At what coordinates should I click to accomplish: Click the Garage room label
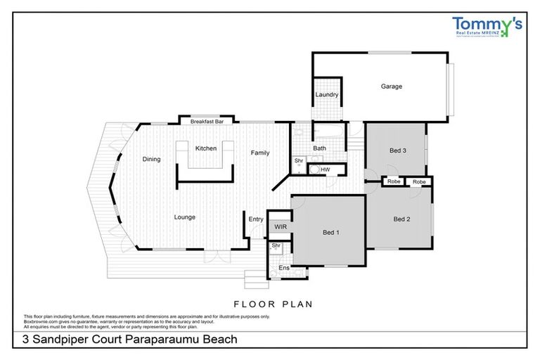tap(392, 86)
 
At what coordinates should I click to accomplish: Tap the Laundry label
tap(327, 95)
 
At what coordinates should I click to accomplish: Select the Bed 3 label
tap(398, 150)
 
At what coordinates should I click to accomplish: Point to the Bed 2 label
tap(401, 219)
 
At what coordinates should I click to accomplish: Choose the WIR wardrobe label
tap(281, 227)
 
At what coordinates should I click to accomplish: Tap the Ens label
tap(284, 268)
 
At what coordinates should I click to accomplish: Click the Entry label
tap(256, 219)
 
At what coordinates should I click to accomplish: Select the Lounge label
tap(185, 217)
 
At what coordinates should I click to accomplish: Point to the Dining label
tap(152, 160)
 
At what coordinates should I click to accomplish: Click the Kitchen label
tap(206, 148)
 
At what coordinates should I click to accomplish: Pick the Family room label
tap(260, 153)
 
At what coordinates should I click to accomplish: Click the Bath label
tap(319, 148)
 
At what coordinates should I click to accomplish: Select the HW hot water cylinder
tap(325, 170)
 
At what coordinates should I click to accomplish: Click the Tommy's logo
tap(487, 27)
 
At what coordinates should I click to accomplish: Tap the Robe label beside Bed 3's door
tap(393, 182)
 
